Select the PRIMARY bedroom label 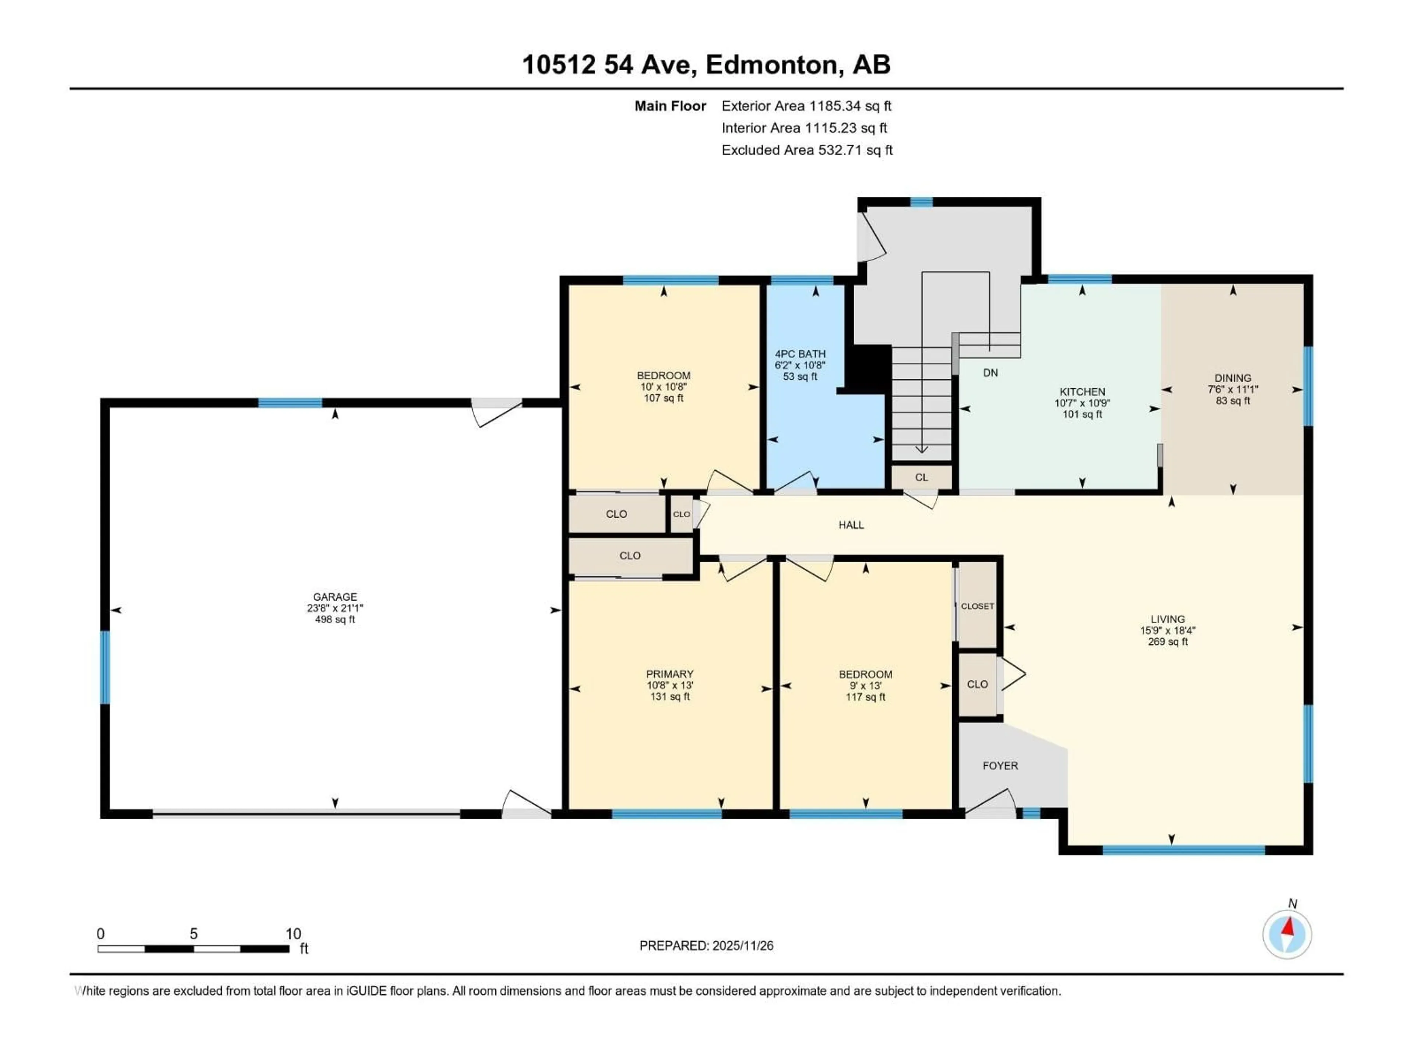669,674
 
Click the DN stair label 990,372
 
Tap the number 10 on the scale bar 293,933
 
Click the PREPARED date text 706,946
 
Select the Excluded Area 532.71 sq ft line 807,150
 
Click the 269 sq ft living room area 1167,642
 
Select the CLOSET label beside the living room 977,606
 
